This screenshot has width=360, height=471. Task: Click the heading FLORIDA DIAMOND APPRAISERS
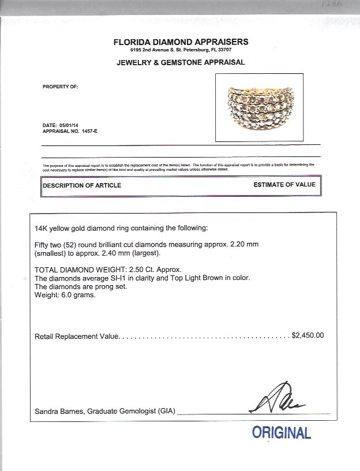tap(181, 42)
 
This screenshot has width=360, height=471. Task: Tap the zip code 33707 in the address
tap(240, 50)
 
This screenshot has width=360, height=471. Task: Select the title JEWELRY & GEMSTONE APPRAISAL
tap(181, 62)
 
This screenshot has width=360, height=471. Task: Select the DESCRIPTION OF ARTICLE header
tap(82, 185)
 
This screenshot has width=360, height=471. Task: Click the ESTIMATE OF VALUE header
tap(284, 185)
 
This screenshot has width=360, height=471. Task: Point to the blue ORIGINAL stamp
tap(281, 433)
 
